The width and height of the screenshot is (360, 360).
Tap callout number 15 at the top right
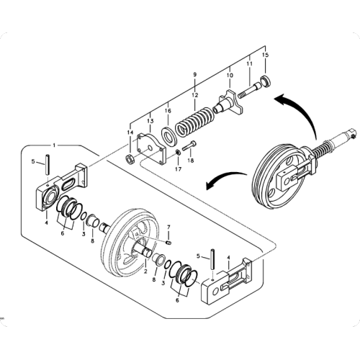click(x=264, y=55)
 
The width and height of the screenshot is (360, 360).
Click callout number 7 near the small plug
click(x=168, y=228)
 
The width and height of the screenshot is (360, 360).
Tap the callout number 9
click(x=194, y=74)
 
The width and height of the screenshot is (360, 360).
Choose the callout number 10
click(x=230, y=74)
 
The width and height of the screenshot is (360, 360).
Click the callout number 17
click(x=176, y=170)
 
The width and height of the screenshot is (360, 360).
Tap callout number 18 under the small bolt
click(x=192, y=162)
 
